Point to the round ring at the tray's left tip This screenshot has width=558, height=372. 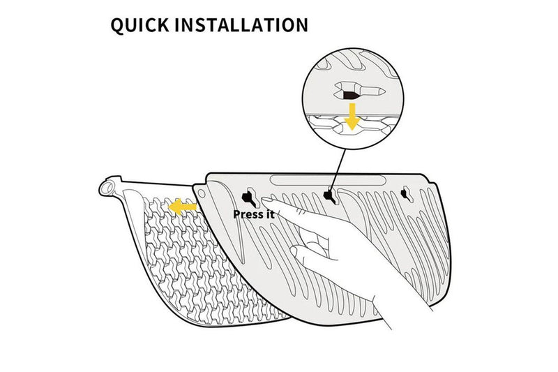tap(106, 188)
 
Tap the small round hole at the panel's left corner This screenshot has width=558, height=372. tap(202, 191)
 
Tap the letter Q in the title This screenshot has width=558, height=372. tap(118, 25)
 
